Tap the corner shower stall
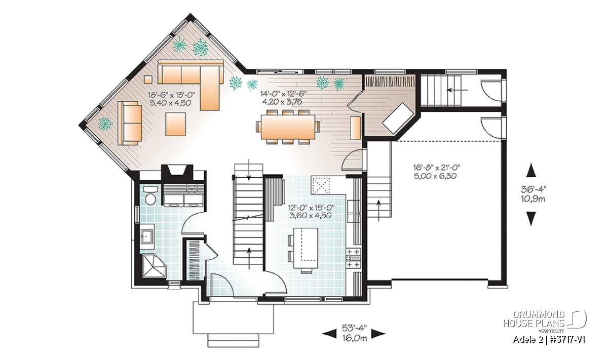tap(154, 266)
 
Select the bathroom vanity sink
tap(147, 236)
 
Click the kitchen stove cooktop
tap(353, 259)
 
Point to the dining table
tap(288, 127)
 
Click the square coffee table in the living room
tap(176, 124)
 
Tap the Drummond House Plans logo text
tap(534, 319)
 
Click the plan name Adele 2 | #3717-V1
tap(549, 340)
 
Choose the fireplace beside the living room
tap(177, 173)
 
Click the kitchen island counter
tap(306, 248)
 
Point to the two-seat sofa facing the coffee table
tap(130, 123)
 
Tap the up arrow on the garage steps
tap(378, 211)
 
